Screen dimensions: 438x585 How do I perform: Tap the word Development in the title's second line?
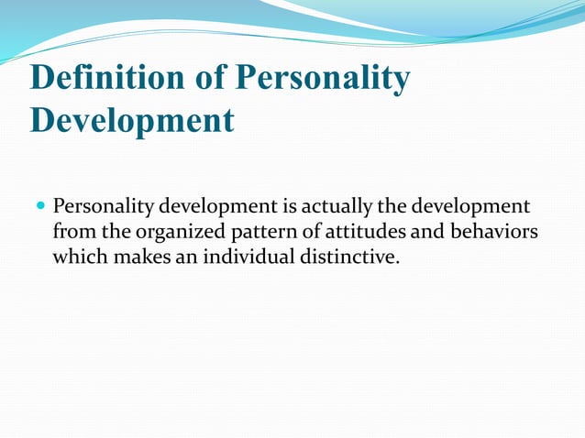[132, 121]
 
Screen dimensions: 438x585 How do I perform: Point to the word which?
[80, 257]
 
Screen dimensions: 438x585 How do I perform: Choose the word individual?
[243, 257]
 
